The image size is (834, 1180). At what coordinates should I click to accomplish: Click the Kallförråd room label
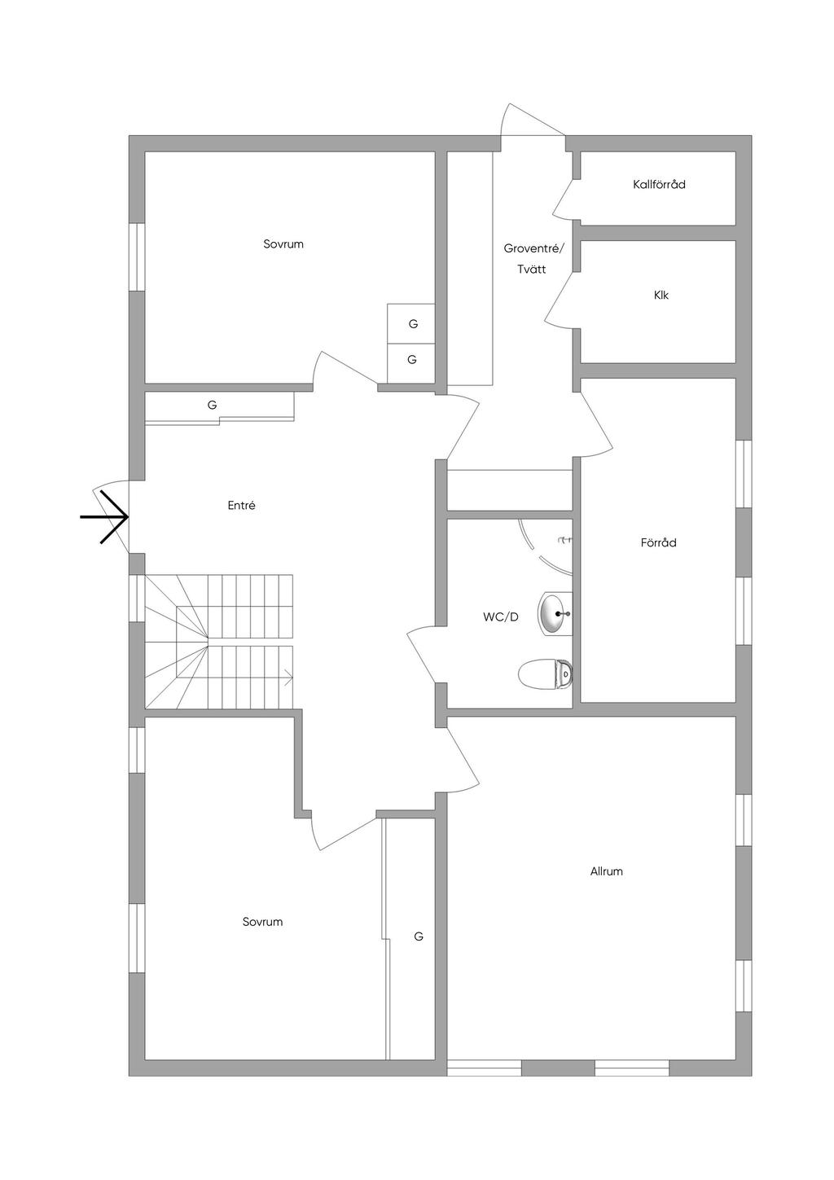[659, 185]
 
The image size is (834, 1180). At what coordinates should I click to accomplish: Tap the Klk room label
[661, 296]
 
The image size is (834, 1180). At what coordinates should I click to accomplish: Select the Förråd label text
[658, 542]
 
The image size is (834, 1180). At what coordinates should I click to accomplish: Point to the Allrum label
[606, 871]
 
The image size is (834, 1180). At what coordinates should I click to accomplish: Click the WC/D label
[500, 617]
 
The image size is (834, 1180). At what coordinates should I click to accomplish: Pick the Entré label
[241, 506]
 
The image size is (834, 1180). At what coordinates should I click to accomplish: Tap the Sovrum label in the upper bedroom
[283, 244]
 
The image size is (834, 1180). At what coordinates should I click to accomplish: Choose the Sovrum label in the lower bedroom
[262, 922]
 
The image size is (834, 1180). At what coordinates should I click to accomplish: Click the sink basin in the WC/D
[553, 613]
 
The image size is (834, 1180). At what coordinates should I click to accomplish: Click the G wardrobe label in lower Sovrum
[419, 937]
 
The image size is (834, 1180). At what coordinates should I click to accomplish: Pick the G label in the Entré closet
[212, 405]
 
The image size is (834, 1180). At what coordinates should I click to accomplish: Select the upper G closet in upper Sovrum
[413, 324]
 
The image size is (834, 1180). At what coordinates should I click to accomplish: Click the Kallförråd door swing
[564, 200]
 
